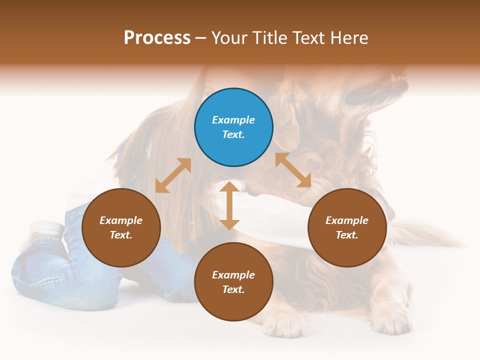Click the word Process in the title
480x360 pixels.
click(x=157, y=38)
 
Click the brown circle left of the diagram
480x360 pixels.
click(x=121, y=227)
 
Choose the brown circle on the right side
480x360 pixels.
click(x=347, y=227)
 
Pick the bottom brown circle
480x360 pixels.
click(x=233, y=282)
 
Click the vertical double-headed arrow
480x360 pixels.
click(x=229, y=205)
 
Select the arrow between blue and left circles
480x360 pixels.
click(x=173, y=175)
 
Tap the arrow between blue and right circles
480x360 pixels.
click(x=293, y=170)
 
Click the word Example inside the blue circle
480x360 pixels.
click(x=233, y=120)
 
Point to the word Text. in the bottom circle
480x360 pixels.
click(x=233, y=289)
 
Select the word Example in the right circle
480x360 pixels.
click(x=347, y=220)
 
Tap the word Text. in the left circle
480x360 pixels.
click(x=121, y=235)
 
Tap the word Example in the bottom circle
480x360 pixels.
click(x=233, y=275)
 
